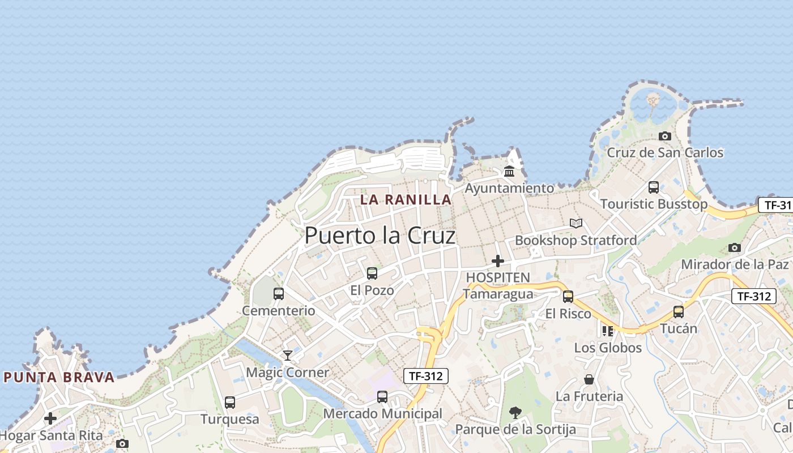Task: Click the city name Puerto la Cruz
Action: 380,236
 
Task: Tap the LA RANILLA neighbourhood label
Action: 406,199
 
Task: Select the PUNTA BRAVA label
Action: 59,377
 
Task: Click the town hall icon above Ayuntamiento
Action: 509,171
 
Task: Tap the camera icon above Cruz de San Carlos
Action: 665,136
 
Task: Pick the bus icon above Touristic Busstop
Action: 654,187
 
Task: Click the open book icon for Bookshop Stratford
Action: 576,224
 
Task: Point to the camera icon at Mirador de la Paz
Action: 735,247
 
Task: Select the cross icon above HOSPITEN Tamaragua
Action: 498,261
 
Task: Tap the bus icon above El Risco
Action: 568,296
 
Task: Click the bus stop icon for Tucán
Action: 679,311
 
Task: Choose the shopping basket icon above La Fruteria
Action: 589,379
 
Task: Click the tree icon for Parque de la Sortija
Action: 515,412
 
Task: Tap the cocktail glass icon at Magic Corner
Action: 288,356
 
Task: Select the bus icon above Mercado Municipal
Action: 382,397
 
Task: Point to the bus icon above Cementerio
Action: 279,293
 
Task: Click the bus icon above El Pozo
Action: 372,273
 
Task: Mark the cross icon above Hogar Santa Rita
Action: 50,418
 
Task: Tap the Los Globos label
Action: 608,348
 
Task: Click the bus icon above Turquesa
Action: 230,403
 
